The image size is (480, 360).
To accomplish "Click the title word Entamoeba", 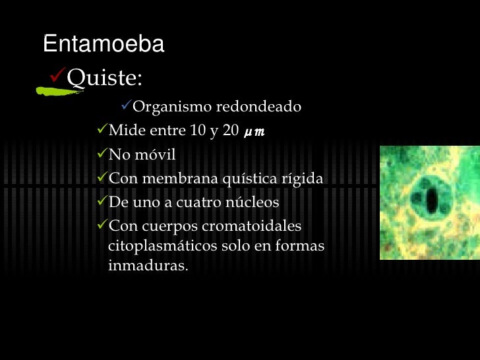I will [x=104, y=44].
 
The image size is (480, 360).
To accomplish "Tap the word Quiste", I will [x=104, y=78].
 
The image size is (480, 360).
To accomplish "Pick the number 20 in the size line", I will [x=231, y=131].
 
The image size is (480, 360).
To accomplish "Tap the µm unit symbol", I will [x=254, y=131].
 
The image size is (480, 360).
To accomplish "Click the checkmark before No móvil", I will [x=100, y=154].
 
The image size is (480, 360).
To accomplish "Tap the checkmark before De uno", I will [x=100, y=202].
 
